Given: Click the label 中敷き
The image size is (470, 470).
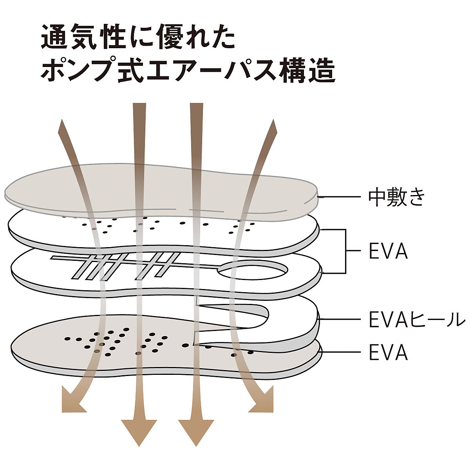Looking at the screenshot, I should (396, 197).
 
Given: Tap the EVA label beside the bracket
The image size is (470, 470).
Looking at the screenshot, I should (388, 252).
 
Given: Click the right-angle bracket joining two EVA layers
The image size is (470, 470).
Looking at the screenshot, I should (345, 251).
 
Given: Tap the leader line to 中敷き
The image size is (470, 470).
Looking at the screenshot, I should (339, 197).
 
